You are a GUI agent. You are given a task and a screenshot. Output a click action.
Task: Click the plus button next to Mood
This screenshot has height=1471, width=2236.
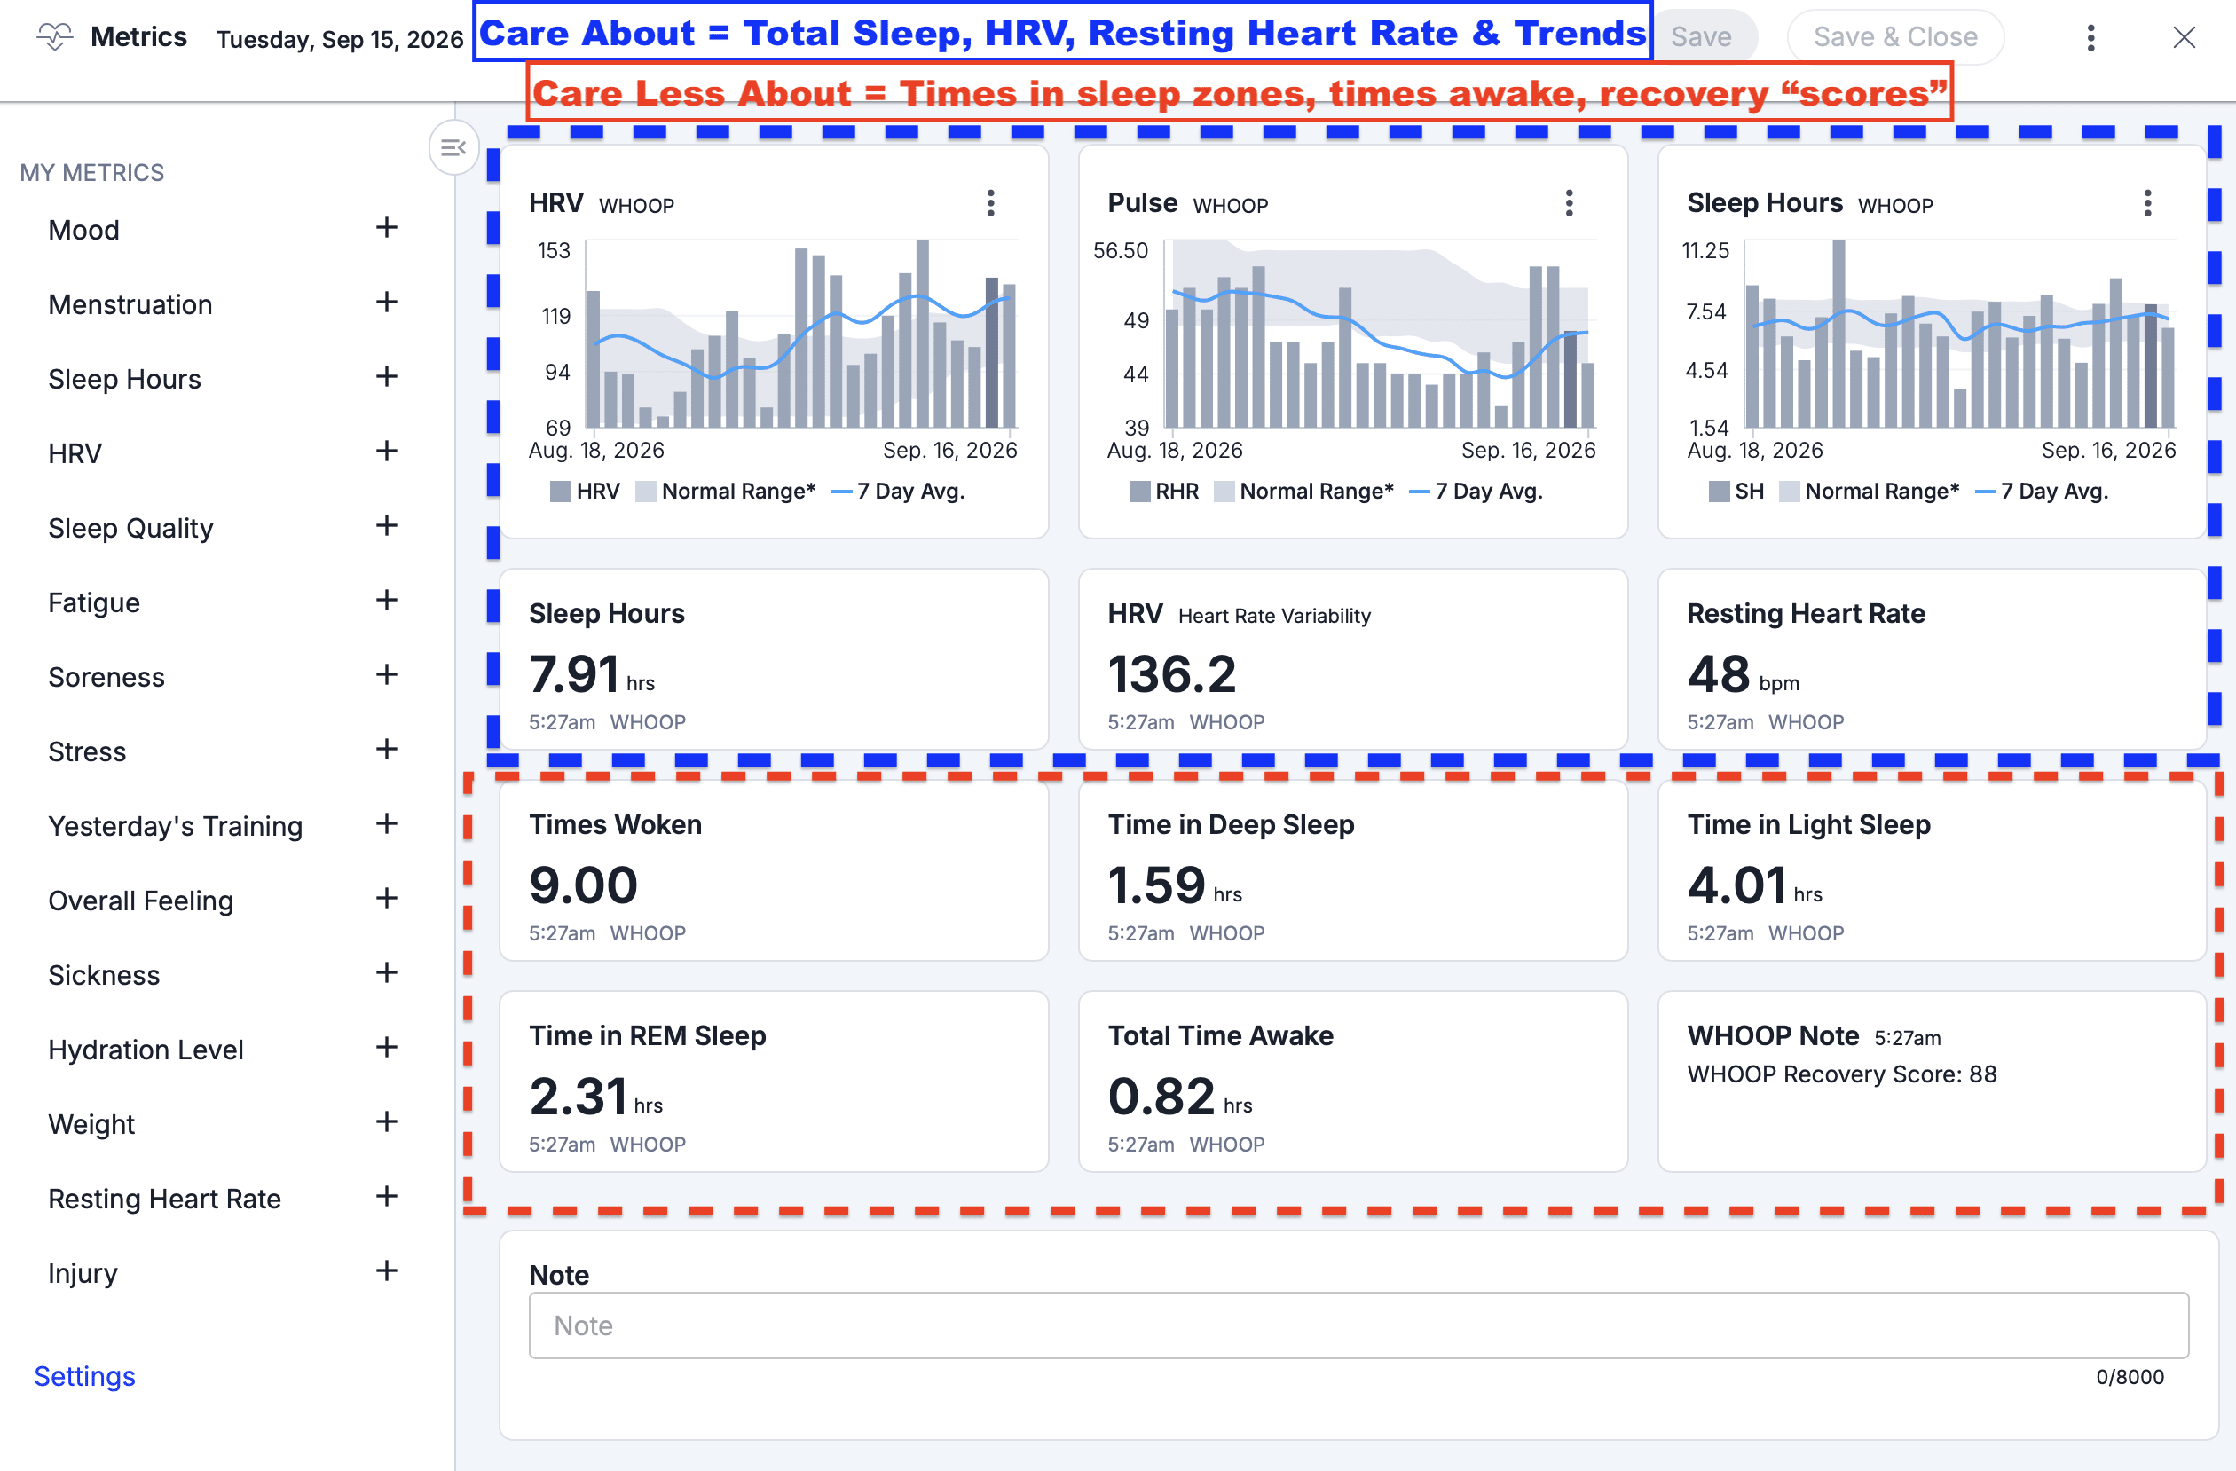(386, 227)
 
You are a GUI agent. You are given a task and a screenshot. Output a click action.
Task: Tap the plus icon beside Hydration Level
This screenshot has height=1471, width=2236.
(386, 1048)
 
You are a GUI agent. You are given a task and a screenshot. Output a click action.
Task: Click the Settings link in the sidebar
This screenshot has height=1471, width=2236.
(84, 1376)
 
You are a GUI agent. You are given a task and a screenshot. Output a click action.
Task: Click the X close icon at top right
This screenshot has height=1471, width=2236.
(2184, 37)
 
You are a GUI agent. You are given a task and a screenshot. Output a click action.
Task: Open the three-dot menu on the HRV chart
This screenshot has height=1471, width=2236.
(990, 203)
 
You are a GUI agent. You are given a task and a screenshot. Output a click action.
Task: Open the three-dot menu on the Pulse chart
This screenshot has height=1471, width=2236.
(1569, 203)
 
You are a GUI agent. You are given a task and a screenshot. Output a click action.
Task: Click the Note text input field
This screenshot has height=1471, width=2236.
(1358, 1325)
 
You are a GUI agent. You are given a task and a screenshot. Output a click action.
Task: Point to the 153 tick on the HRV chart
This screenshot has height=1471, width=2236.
(554, 251)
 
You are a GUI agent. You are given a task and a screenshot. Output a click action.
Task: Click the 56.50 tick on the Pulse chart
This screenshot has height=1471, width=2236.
(1120, 251)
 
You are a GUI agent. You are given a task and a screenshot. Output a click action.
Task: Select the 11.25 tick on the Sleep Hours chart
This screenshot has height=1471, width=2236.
(1705, 251)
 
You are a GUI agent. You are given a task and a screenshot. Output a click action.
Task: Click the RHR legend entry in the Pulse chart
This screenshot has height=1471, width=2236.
(1164, 492)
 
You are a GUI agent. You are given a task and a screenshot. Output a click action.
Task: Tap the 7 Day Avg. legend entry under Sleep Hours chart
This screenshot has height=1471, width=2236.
(2043, 492)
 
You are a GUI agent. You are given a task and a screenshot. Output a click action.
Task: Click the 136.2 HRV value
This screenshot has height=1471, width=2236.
(1171, 673)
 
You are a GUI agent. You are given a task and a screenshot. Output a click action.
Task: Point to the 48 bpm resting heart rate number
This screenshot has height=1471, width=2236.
(1719, 673)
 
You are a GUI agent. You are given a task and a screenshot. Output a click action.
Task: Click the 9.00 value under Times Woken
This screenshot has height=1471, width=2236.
(584, 885)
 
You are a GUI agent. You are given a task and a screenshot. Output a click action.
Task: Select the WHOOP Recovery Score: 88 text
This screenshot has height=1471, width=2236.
(1841, 1074)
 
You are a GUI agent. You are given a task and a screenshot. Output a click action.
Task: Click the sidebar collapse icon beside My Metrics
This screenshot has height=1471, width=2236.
(453, 147)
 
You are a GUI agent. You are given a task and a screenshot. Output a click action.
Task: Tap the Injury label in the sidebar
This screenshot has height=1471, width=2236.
(83, 1273)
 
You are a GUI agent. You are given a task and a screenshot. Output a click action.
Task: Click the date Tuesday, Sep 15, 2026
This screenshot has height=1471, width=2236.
(340, 39)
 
